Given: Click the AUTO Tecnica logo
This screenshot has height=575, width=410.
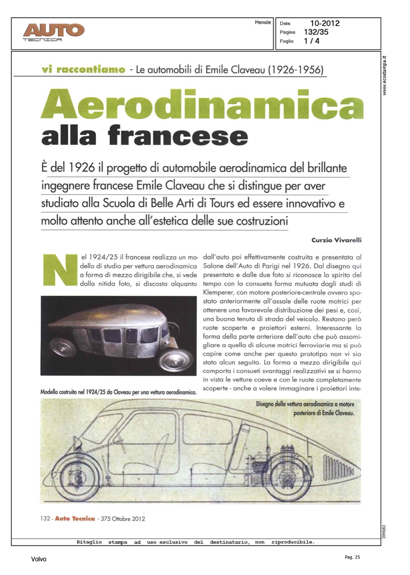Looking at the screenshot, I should (x=53, y=32).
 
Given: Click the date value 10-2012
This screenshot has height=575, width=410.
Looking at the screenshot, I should (x=325, y=23).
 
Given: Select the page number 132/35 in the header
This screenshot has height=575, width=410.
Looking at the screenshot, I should (x=316, y=32).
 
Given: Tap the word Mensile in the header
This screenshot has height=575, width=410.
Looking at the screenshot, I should (x=263, y=23).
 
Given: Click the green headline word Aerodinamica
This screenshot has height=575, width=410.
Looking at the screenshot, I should (x=202, y=104).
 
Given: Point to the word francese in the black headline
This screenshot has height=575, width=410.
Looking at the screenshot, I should (x=178, y=136).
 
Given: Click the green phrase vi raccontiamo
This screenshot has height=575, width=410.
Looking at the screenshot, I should (x=83, y=70).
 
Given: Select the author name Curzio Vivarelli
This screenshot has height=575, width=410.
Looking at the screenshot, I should (x=336, y=240).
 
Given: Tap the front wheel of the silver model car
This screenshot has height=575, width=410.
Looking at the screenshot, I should (x=176, y=360).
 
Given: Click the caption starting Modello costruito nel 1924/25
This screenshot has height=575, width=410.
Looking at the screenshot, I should (x=119, y=392).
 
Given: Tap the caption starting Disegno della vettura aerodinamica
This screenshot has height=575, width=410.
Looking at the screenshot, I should (x=305, y=409).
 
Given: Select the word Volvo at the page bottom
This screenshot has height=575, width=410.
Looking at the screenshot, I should (x=39, y=559).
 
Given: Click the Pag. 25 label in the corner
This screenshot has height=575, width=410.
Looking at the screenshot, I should (x=352, y=557).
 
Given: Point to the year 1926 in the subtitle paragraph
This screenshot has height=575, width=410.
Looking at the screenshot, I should (x=81, y=168).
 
